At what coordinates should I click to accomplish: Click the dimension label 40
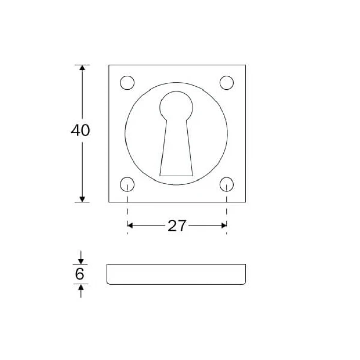80,131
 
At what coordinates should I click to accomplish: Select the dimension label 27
176,226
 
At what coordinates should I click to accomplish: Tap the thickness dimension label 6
79,274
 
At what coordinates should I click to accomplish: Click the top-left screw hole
127,83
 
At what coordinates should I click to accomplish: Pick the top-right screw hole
227,83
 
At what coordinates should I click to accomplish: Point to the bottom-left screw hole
127,184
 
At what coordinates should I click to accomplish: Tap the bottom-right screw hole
227,184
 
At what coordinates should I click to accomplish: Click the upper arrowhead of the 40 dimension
82,68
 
